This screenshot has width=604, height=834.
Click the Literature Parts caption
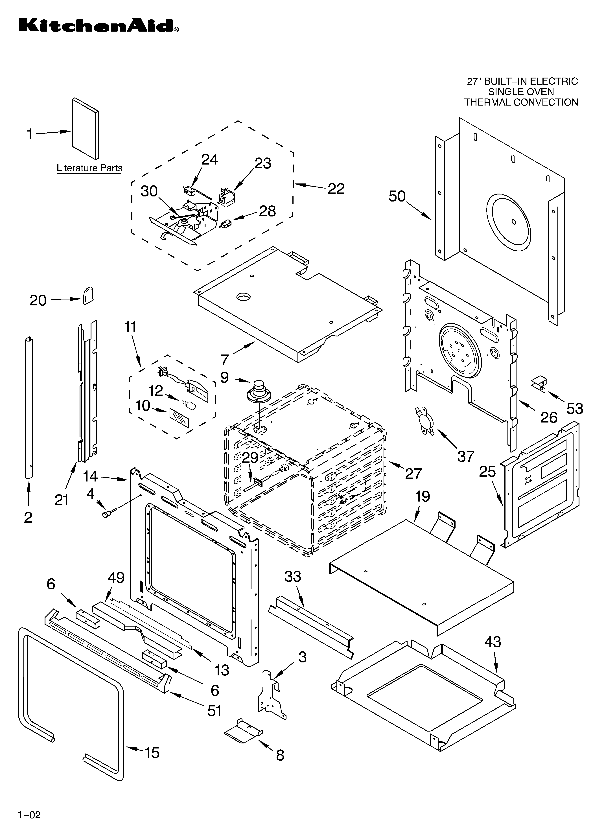pos(89,168)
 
